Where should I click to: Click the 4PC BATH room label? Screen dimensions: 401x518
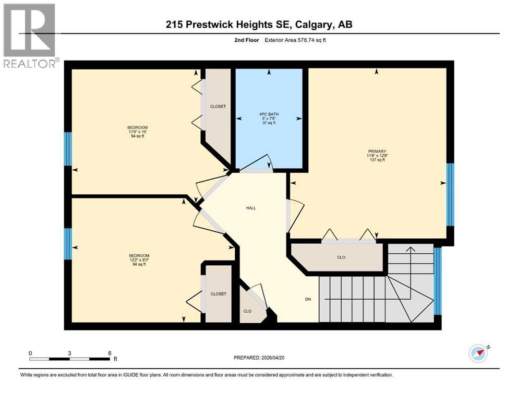(269, 119)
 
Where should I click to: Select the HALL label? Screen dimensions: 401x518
(251, 208)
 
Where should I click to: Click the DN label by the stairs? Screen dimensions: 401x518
(308, 300)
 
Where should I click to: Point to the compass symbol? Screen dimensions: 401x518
(478, 353)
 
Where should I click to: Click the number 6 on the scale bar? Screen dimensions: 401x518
(110, 353)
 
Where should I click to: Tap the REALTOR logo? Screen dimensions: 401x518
(30, 36)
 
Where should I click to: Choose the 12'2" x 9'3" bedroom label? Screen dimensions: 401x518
(137, 260)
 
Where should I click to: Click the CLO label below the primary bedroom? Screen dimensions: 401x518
(341, 257)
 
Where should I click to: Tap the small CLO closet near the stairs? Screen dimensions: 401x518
(248, 311)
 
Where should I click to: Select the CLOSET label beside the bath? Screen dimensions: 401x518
(218, 107)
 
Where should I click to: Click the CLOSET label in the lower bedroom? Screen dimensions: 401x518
(219, 294)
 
